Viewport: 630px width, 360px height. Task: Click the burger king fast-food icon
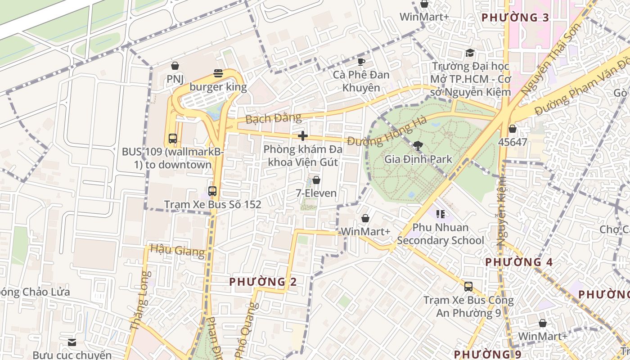(218, 73)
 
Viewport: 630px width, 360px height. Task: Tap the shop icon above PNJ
(175, 66)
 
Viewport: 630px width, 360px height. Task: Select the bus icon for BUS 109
(172, 138)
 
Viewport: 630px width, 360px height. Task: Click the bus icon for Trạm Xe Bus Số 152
(212, 191)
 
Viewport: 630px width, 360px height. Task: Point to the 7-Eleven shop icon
(316, 180)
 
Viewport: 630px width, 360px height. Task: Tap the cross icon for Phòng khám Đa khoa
(303, 135)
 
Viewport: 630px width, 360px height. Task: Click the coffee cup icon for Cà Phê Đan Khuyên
(361, 61)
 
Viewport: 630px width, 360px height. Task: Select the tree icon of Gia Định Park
(418, 145)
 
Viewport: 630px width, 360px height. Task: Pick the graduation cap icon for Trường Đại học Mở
(470, 53)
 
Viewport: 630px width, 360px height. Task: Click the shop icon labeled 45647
(512, 129)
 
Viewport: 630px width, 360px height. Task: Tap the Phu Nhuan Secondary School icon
(441, 214)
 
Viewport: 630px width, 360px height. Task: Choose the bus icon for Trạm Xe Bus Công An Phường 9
(468, 286)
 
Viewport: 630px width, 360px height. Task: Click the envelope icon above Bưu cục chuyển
(72, 342)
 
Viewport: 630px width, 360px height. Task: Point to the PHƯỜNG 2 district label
(263, 282)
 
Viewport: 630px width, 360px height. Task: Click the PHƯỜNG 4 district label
(519, 261)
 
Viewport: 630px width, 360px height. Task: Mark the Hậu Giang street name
(177, 250)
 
